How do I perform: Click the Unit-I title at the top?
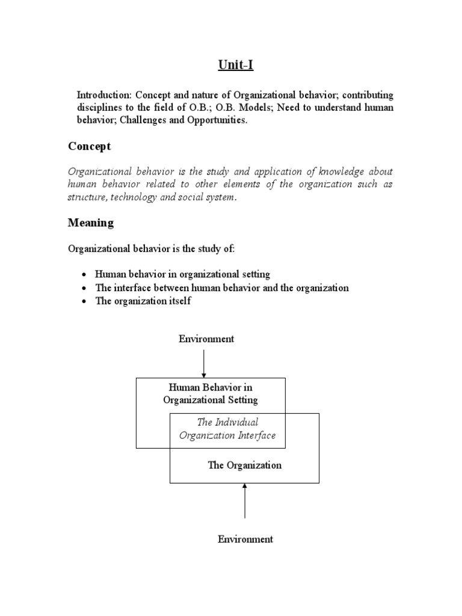(x=234, y=64)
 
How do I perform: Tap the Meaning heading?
(x=91, y=223)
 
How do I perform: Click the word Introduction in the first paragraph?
(x=103, y=96)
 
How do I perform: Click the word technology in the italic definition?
(x=137, y=197)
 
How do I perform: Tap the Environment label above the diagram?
(x=206, y=339)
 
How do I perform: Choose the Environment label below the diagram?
(x=245, y=539)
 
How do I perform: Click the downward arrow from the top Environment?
(x=204, y=363)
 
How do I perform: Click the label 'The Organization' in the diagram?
(x=244, y=465)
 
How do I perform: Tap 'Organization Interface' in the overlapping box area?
(x=227, y=436)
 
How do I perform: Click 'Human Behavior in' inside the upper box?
(x=211, y=387)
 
